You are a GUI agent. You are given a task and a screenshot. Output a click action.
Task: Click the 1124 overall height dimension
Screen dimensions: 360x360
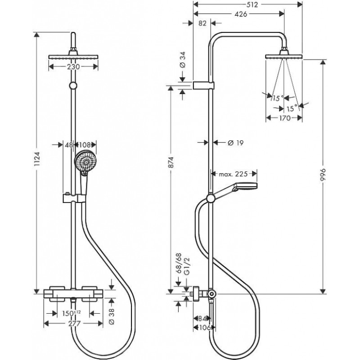37,159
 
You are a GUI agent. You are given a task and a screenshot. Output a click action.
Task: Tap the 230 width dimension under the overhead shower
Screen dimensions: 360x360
73,67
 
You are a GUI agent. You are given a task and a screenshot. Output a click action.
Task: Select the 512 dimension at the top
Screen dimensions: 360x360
252,4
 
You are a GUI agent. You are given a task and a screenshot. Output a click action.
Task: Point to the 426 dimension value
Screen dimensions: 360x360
241,14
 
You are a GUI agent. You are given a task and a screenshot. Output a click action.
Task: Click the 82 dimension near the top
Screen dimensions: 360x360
202,23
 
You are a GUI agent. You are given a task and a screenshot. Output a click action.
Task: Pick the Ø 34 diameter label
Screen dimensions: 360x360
183,60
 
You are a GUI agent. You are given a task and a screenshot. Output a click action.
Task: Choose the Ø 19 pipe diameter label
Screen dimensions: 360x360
235,143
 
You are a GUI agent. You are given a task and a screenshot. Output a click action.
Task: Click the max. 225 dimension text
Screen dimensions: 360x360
233,174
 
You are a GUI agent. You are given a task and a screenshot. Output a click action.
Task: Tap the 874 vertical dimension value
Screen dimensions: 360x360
171,162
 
